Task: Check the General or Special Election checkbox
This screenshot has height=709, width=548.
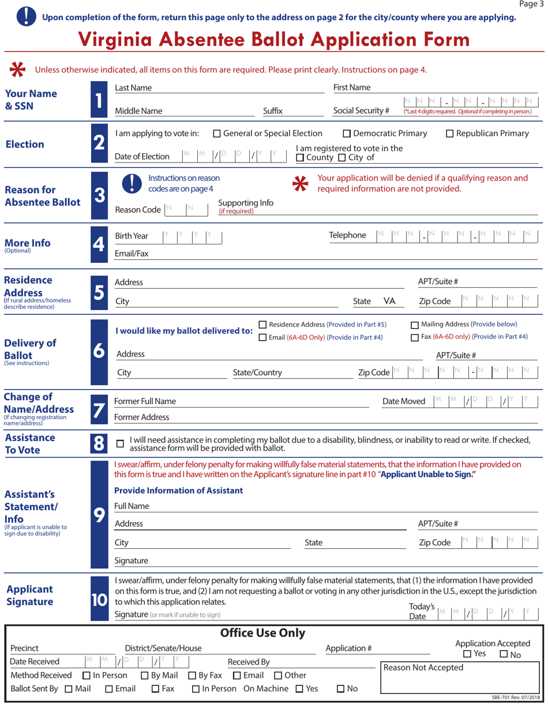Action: point(217,134)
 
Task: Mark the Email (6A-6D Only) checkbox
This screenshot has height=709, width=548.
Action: point(263,337)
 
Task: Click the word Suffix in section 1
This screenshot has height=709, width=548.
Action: point(272,111)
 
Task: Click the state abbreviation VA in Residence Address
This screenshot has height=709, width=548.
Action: point(389,300)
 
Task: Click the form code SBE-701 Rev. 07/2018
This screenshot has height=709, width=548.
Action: point(511,697)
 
